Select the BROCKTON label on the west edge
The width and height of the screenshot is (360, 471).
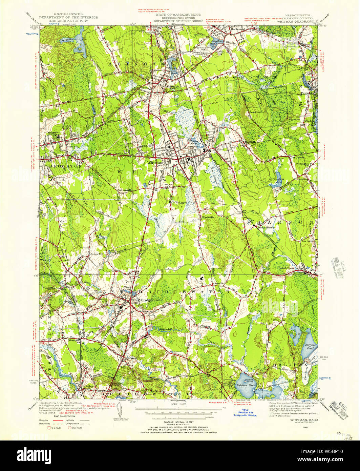pyautogui.click(x=61, y=166)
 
